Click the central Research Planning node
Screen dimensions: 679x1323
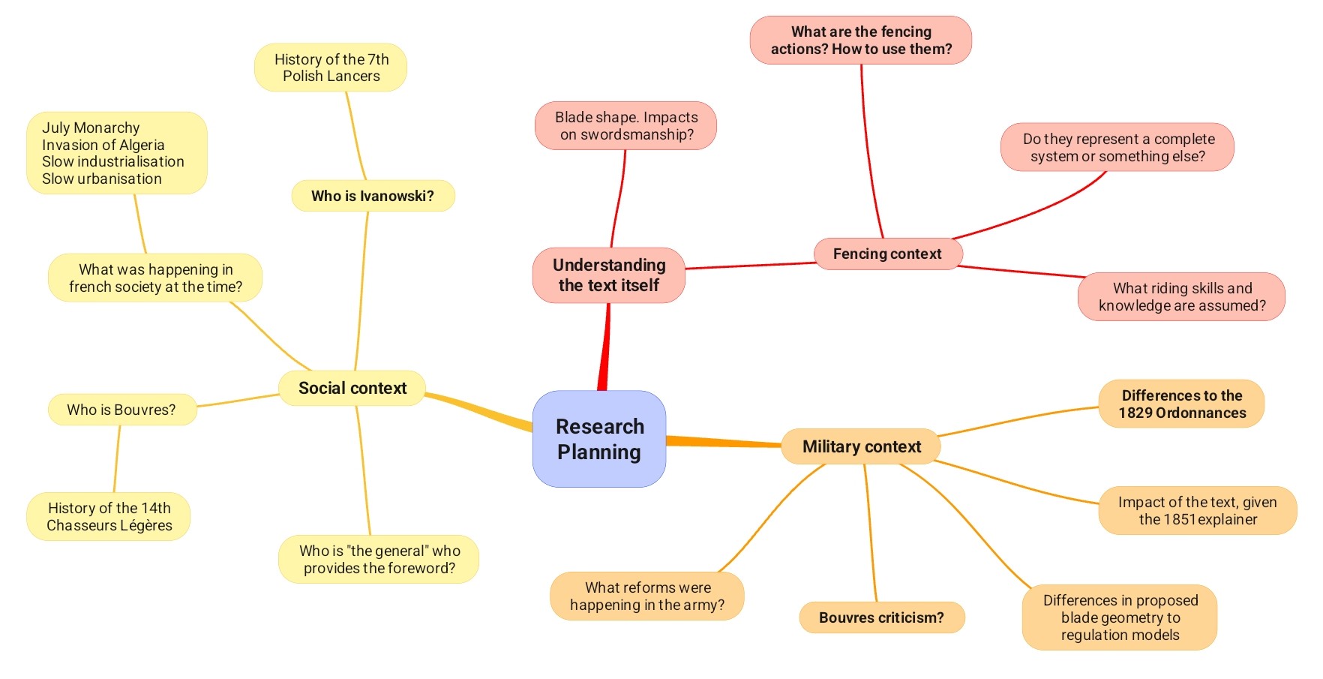coord(598,439)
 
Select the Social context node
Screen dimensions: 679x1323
coord(352,388)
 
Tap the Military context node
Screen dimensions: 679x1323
coord(861,446)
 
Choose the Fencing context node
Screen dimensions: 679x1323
coord(886,254)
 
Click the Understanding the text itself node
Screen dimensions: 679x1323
coord(608,275)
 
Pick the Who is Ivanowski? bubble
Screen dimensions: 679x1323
coord(372,196)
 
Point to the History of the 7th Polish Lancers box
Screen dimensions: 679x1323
coord(331,68)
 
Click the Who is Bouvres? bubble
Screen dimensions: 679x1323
coord(121,410)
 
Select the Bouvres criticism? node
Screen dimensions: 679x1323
coord(880,617)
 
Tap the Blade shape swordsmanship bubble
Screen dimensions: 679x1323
coord(625,126)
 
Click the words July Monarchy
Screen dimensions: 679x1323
coord(91,128)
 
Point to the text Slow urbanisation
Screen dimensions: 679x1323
coord(102,179)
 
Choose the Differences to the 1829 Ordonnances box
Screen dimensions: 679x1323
coord(1181,404)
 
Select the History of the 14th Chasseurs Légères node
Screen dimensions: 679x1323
coord(109,516)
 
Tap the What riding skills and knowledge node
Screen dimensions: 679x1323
coord(1181,296)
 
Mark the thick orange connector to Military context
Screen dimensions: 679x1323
coord(724,442)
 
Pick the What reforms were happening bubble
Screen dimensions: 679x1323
coord(646,596)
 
